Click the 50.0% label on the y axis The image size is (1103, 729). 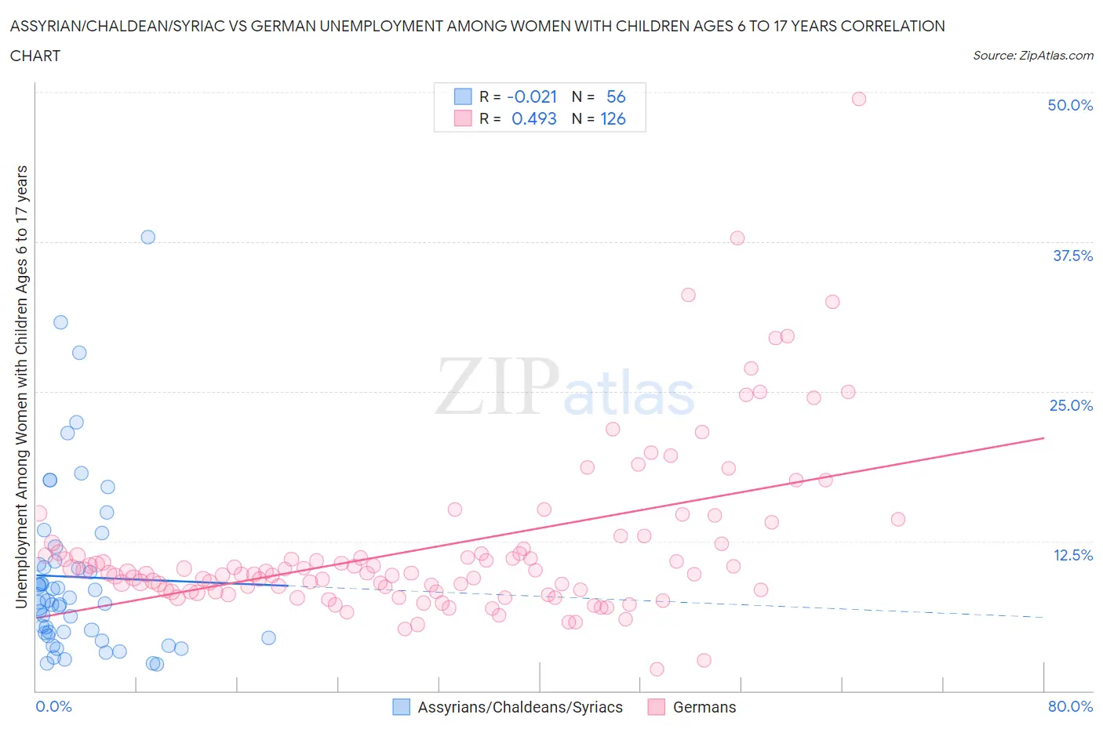1070,105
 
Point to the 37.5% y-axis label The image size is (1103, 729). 1072,256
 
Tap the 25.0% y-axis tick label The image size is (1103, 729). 1071,405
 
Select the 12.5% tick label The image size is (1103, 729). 1072,555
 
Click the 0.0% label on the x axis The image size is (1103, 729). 53,706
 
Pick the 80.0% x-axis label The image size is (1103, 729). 1070,706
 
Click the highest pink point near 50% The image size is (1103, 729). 858,99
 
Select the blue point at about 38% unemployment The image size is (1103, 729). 147,237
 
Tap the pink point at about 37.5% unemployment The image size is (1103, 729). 737,238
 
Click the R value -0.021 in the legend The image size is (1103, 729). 532,96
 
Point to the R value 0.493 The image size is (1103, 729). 533,118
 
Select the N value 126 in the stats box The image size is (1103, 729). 613,118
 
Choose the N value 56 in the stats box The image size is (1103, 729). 616,96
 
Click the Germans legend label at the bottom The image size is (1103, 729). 704,707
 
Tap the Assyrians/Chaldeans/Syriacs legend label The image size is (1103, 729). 519,707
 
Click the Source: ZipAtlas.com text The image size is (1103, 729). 1032,55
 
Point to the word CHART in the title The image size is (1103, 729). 35,56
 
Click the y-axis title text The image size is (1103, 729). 21,386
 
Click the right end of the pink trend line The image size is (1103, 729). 1043,438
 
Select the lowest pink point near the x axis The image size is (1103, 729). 657,669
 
